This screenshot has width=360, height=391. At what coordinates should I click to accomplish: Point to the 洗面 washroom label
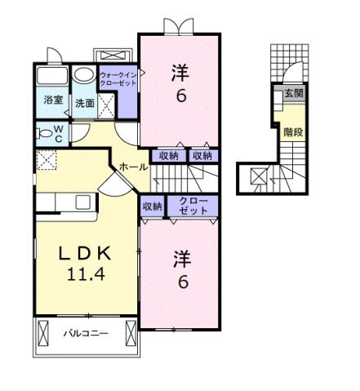[84, 103]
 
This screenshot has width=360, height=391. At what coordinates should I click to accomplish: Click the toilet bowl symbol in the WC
[43, 131]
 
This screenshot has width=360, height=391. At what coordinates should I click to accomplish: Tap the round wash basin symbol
[83, 76]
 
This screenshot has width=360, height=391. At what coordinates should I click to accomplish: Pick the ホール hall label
[133, 167]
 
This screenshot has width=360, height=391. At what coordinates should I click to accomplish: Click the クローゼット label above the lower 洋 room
[193, 205]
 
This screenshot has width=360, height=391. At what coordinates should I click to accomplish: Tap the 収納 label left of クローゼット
[152, 206]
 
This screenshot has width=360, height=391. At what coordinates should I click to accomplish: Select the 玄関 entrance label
[293, 93]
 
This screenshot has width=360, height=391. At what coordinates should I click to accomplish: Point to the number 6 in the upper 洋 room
[180, 95]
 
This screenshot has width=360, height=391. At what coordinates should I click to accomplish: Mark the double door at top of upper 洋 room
[180, 25]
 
